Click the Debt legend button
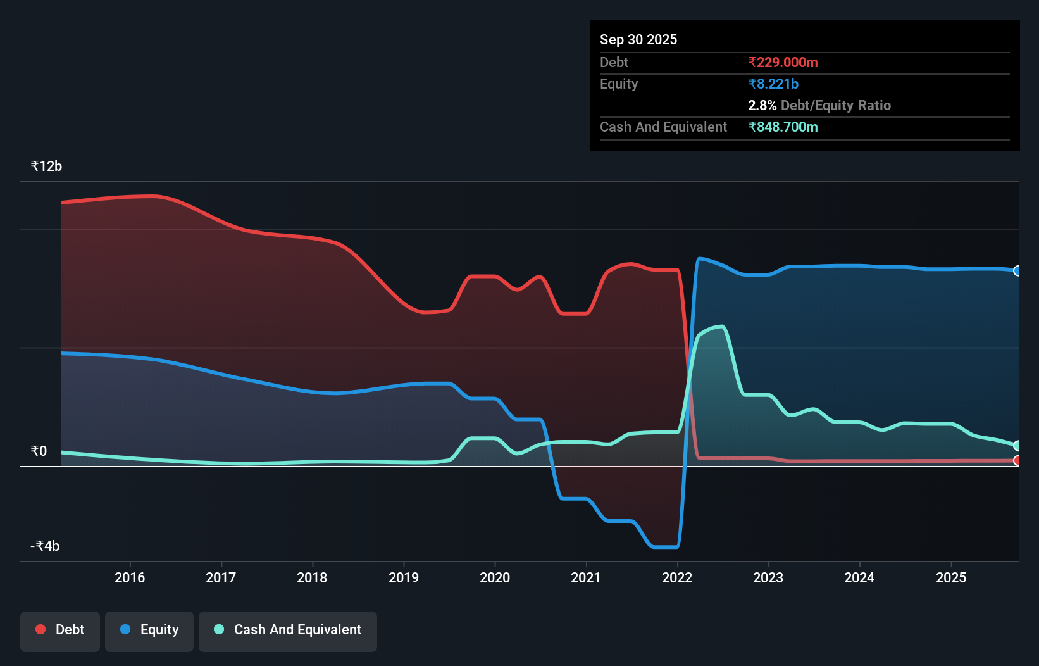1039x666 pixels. click(59, 631)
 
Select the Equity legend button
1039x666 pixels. click(149, 631)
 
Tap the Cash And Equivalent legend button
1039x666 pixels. click(288, 631)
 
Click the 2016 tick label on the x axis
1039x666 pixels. click(130, 577)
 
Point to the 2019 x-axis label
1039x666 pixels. click(404, 577)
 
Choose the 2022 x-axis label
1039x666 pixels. click(677, 577)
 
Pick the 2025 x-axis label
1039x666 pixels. click(951, 577)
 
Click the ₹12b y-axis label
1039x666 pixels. click(46, 166)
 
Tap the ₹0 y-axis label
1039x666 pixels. click(39, 451)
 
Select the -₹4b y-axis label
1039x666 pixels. click(45, 546)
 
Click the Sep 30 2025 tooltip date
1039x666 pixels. click(638, 39)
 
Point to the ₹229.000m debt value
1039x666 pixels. click(783, 62)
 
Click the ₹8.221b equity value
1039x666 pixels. click(773, 84)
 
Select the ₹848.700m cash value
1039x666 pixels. click(783, 127)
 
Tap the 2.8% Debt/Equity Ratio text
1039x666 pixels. click(819, 105)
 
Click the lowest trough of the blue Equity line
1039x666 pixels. click(664, 547)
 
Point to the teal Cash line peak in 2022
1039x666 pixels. click(721, 326)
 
